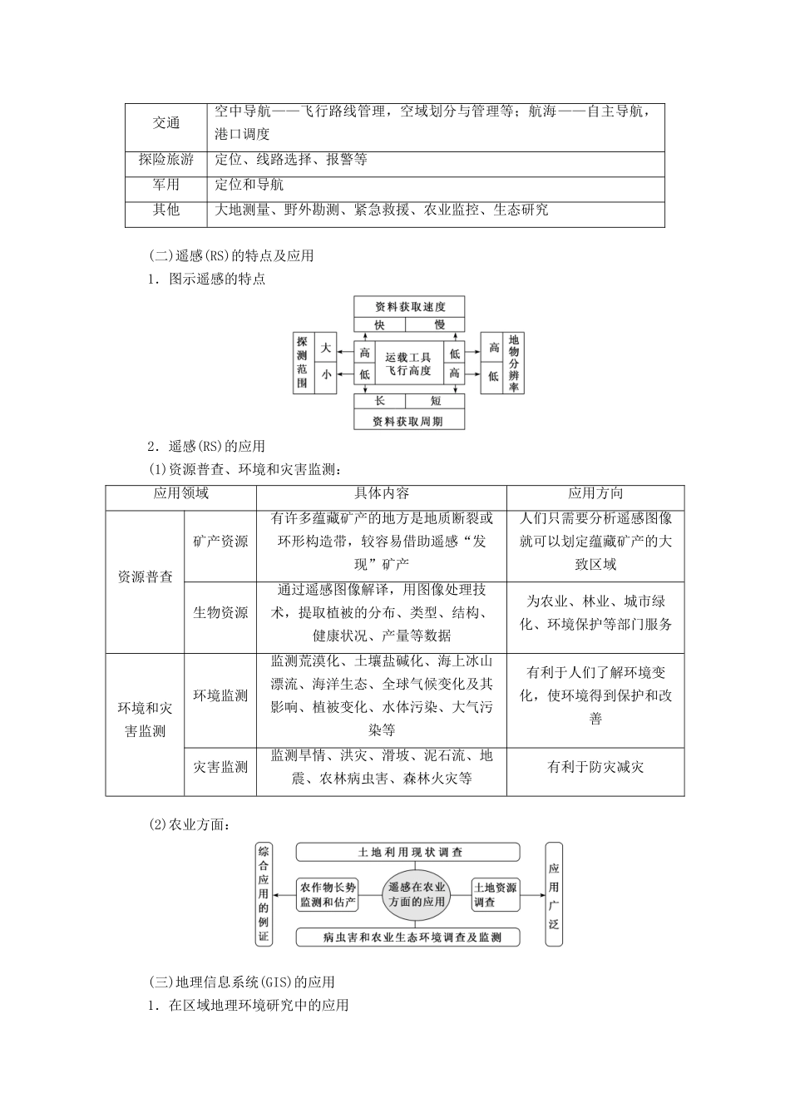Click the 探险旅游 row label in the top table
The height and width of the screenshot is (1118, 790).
coord(165,160)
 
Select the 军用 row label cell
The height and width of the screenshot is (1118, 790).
coord(165,185)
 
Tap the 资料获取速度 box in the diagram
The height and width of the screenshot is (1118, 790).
coord(409,306)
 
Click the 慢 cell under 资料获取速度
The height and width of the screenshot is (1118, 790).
coord(439,325)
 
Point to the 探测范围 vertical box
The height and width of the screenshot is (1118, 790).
coord(303,363)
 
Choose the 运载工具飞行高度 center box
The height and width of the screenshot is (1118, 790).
coord(408,364)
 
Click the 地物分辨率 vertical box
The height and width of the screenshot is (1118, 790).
coord(514,363)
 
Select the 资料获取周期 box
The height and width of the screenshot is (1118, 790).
coord(409,421)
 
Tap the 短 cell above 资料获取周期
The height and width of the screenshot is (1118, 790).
coord(436,402)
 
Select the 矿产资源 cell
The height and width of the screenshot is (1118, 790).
coord(220,542)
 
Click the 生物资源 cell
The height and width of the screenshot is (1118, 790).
coord(220,613)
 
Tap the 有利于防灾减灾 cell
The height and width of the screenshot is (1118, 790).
coord(595,767)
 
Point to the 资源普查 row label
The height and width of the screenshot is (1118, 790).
coord(145,576)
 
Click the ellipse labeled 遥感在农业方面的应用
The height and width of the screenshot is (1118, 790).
coord(417,894)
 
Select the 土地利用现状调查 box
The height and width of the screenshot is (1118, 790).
coord(408,852)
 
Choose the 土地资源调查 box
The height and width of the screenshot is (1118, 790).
coord(496,894)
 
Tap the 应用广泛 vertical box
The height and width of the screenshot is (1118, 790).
coord(554,894)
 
